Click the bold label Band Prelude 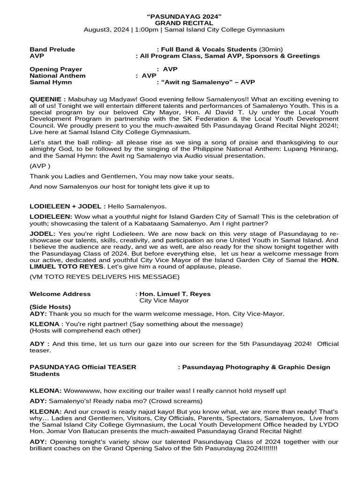pyautogui.click(x=52, y=49)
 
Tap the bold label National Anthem pyautogui.click(x=58, y=75)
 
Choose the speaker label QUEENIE pyautogui.click(x=45, y=99)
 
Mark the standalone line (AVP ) pyautogui.click(x=40, y=166)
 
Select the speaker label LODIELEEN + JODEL pyautogui.click(x=66, y=206)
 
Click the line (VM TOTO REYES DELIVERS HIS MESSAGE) pyautogui.click(x=104, y=277)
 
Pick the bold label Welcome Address pyautogui.click(x=60, y=294)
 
